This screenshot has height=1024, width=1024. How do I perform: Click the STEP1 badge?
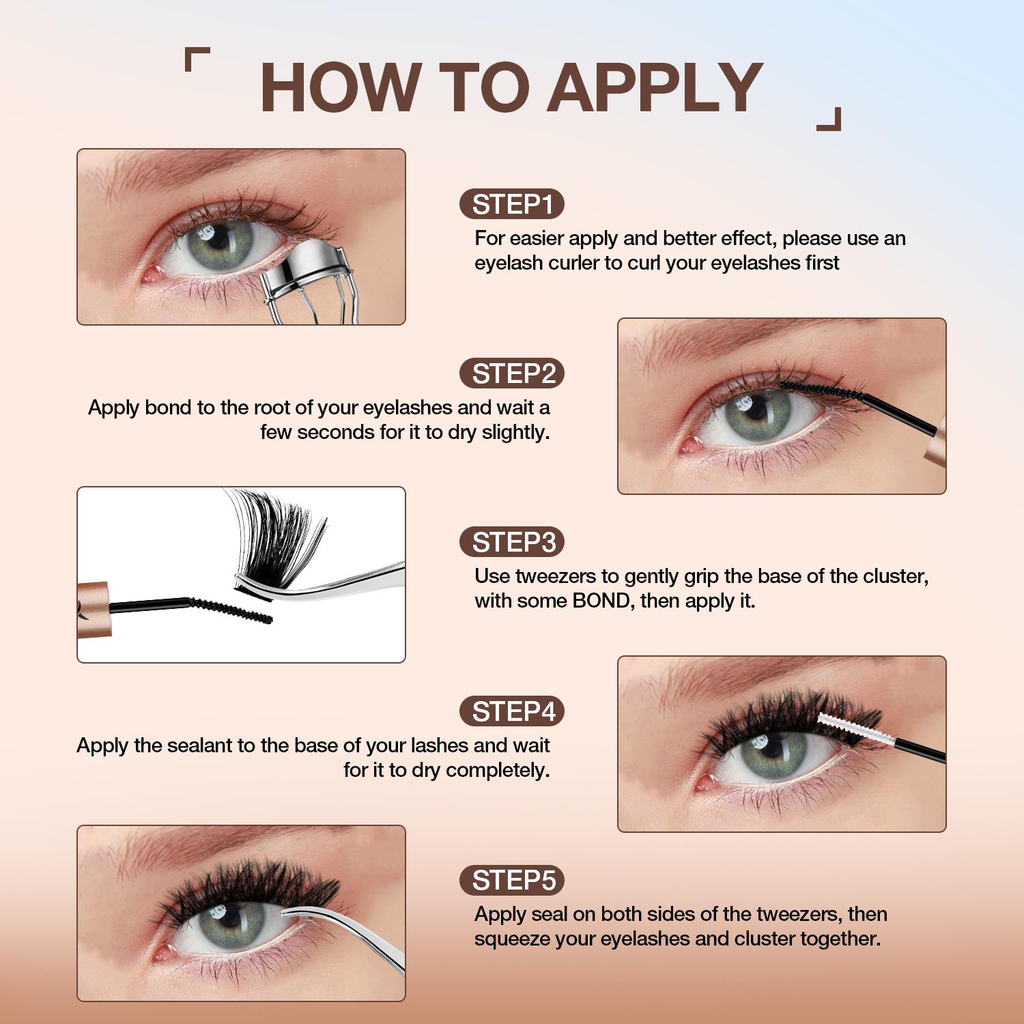tap(512, 204)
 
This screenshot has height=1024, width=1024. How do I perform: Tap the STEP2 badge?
tap(512, 373)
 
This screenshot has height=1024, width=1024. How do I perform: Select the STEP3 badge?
tap(512, 542)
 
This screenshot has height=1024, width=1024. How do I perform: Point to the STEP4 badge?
tap(512, 711)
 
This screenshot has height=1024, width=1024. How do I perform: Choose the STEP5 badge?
tap(512, 880)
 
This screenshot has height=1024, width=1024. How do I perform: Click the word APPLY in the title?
tap(655, 87)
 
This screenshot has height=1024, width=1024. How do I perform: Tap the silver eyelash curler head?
tap(304, 263)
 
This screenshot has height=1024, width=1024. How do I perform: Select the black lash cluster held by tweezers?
tap(280, 539)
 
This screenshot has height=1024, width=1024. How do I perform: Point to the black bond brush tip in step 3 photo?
tap(232, 610)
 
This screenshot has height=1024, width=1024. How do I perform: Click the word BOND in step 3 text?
tap(601, 601)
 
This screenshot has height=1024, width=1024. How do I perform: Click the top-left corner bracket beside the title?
tap(196, 58)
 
